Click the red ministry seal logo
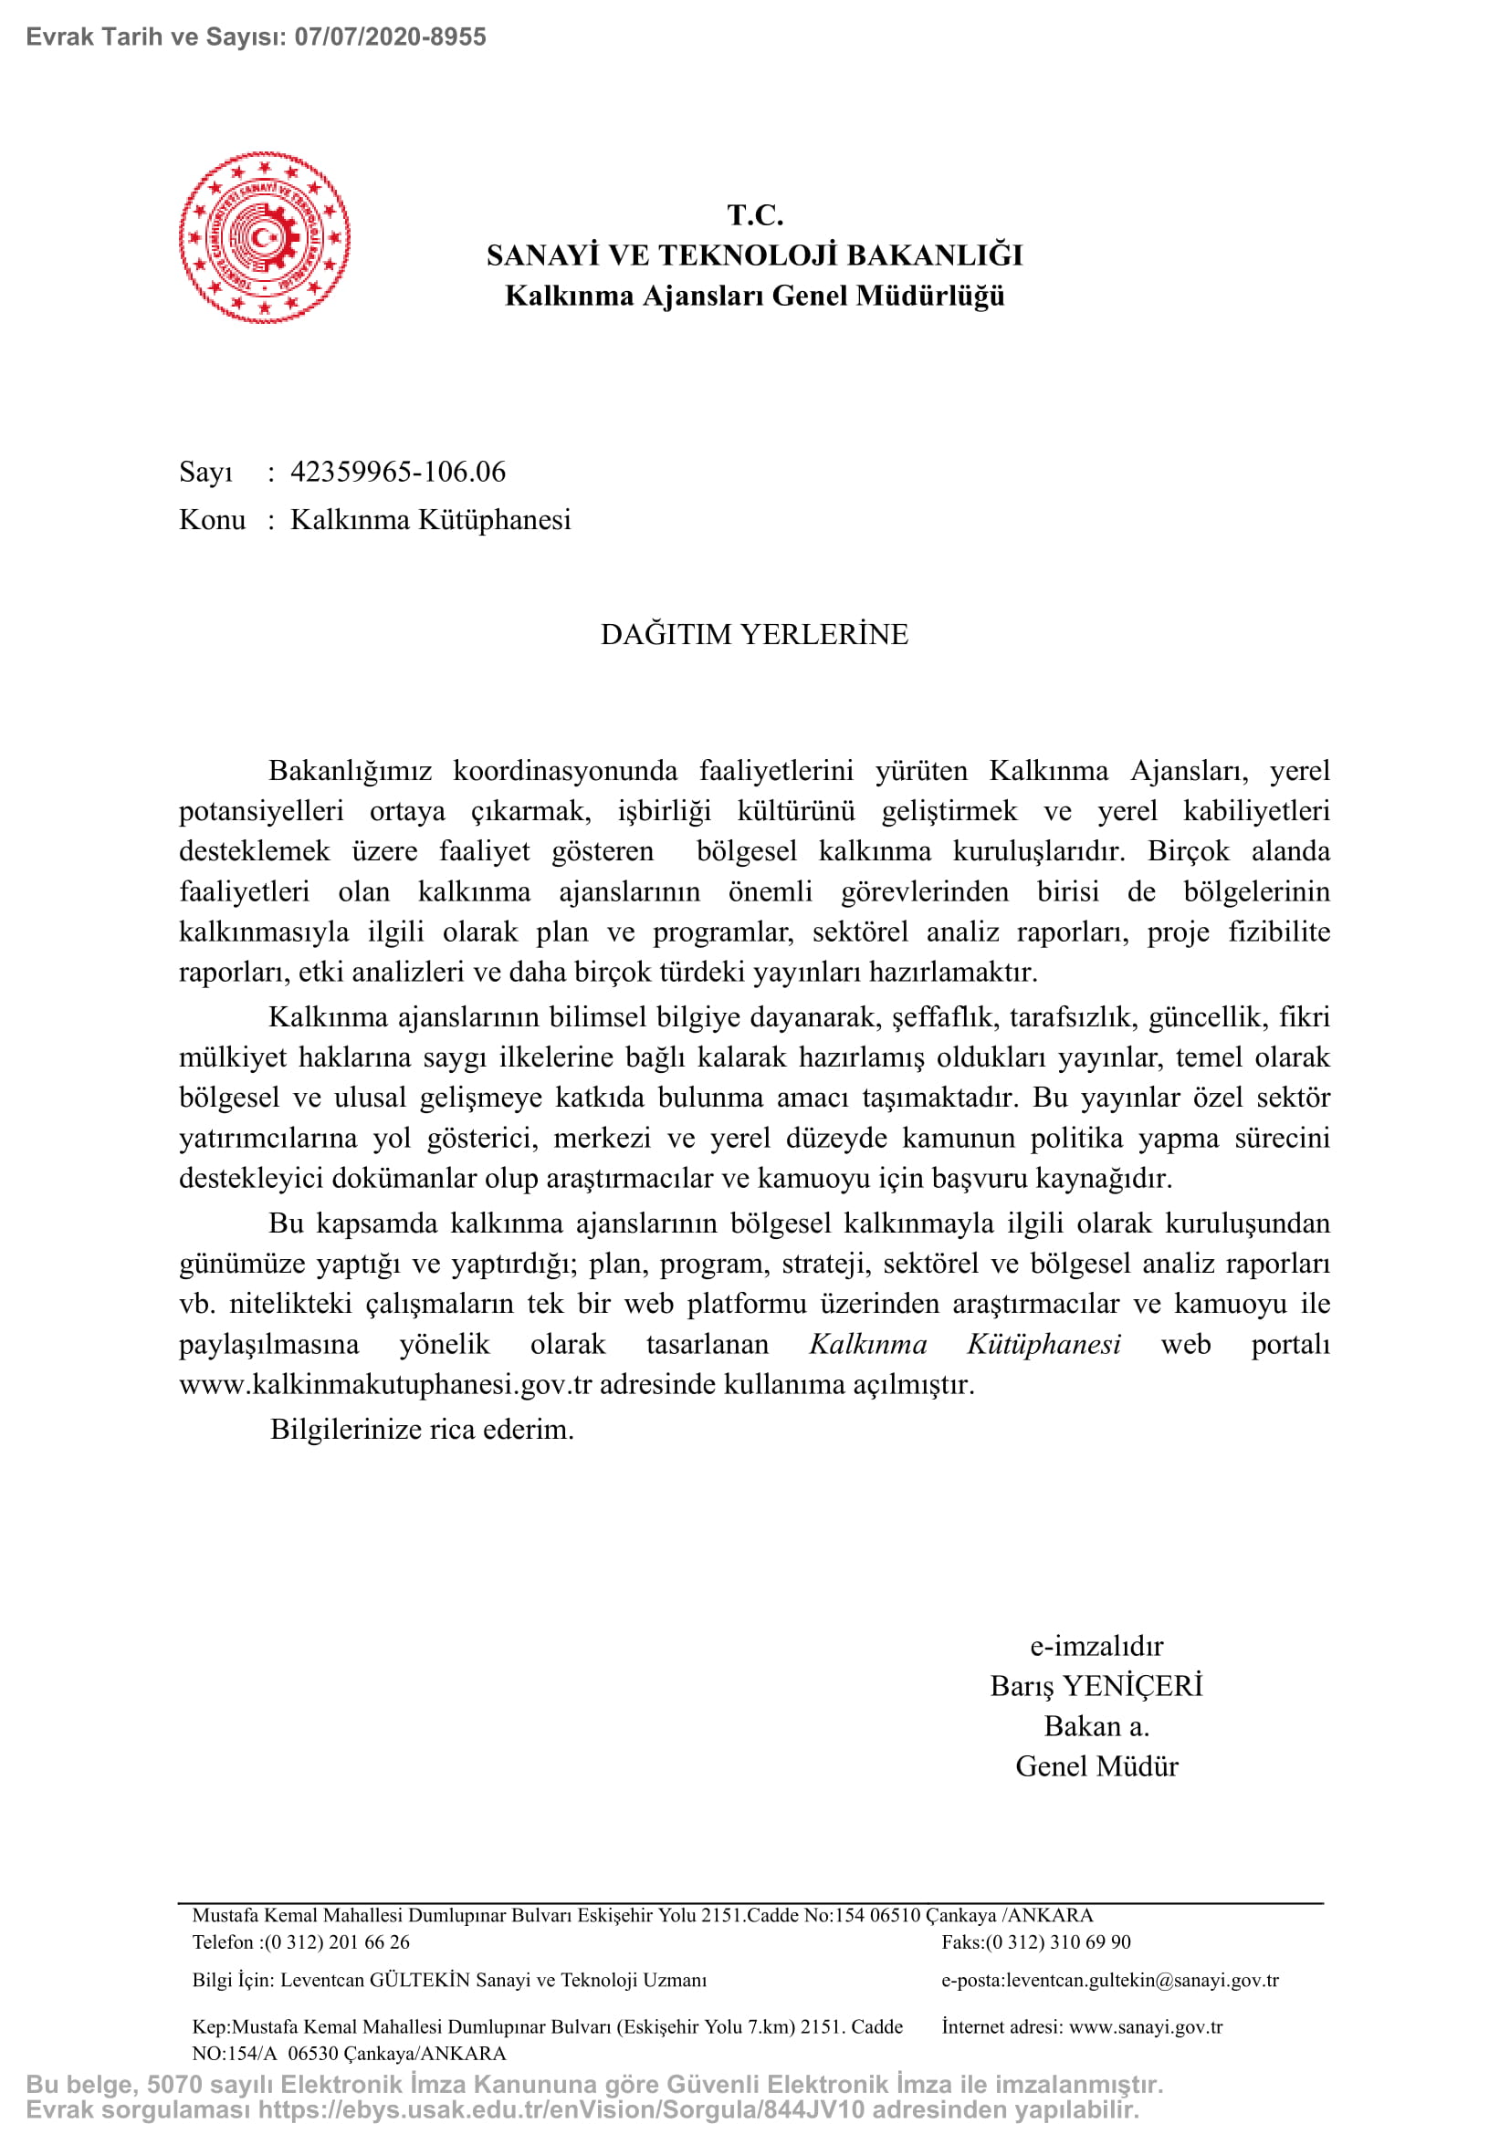264,238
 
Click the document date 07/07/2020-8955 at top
391,37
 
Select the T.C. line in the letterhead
754,215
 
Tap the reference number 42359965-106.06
398,473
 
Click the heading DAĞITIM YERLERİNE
754,635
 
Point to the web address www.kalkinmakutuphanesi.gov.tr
385,1385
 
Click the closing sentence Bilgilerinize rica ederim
422,1430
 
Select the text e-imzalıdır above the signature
1096,1646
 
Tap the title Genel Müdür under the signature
1096,1766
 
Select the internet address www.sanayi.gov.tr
1146,2027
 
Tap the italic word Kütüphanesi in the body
1043,1345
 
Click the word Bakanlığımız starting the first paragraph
350,772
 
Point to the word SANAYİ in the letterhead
544,255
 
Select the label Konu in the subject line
212,519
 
